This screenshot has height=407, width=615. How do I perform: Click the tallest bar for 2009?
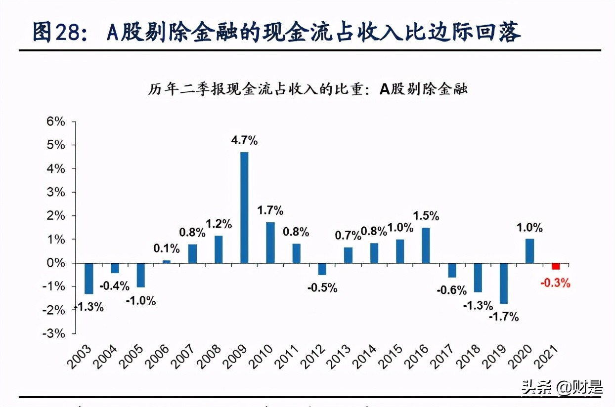pyautogui.click(x=244, y=207)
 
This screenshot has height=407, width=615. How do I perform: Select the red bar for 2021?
pyautogui.click(x=556, y=266)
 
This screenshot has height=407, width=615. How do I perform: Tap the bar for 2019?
pyautogui.click(x=504, y=283)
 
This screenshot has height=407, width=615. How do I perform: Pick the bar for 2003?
pyautogui.click(x=88, y=278)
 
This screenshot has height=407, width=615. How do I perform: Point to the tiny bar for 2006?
pyautogui.click(x=167, y=261)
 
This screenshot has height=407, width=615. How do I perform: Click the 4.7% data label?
pyautogui.click(x=244, y=140)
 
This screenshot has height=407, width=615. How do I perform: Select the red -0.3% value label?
pyautogui.click(x=556, y=284)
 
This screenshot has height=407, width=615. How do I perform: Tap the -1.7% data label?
pyautogui.click(x=504, y=317)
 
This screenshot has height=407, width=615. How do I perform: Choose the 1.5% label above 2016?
pyautogui.click(x=426, y=215)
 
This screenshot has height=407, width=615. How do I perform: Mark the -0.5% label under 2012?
pyautogui.click(x=322, y=287)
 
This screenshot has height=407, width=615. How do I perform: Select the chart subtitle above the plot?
pyautogui.click(x=308, y=89)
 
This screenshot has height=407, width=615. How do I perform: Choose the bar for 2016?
pyautogui.click(x=426, y=245)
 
